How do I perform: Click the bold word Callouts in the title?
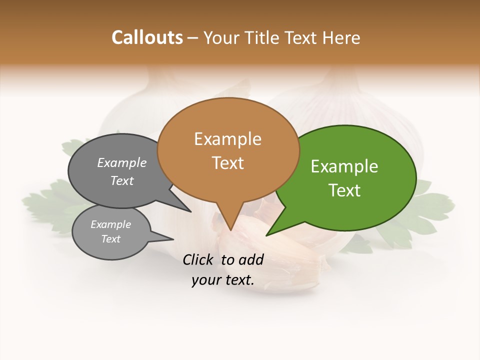pyautogui.click(x=147, y=37)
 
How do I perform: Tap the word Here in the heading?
pyautogui.click(x=341, y=37)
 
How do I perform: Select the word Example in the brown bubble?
pyautogui.click(x=227, y=139)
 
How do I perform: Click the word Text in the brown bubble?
pyautogui.click(x=227, y=163)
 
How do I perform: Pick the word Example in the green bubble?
pyautogui.click(x=344, y=166)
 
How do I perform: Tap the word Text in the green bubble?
pyautogui.click(x=344, y=190)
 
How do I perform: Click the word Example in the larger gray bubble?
pyautogui.click(x=121, y=163)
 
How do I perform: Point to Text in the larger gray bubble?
pyautogui.click(x=121, y=181)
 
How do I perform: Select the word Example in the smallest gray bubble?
pyautogui.click(x=110, y=224)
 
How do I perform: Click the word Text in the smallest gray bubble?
pyautogui.click(x=110, y=239)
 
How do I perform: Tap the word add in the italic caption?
pyautogui.click(x=251, y=259)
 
